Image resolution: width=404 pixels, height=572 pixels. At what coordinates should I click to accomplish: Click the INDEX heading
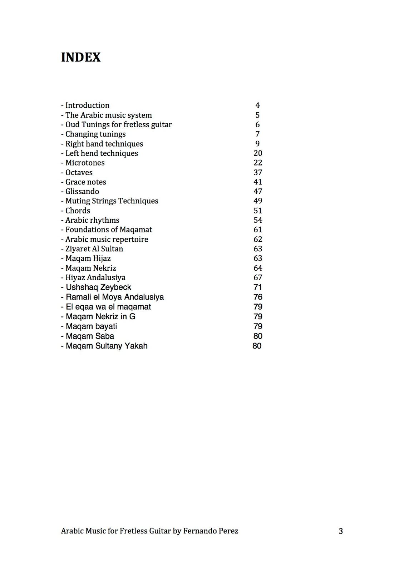(81, 57)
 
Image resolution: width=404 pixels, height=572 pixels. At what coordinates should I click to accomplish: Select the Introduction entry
(87, 105)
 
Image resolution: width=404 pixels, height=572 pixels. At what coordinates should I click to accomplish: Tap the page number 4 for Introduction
(257, 105)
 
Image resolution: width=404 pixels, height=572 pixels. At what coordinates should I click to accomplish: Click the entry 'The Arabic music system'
(108, 115)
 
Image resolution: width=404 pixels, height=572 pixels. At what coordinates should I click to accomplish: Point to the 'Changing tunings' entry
(95, 134)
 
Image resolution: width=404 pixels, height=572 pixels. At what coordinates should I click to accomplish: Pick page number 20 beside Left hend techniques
(258, 153)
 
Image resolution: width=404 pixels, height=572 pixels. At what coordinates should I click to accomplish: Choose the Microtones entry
(85, 163)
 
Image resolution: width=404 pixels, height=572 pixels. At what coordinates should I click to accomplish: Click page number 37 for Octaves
(258, 172)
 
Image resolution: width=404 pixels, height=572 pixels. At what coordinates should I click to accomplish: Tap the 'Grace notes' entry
(85, 182)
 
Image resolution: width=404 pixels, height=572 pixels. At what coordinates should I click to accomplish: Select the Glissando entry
(82, 192)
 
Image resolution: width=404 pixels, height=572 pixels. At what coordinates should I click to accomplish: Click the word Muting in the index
(76, 201)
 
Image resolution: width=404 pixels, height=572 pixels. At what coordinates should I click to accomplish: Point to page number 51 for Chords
(258, 211)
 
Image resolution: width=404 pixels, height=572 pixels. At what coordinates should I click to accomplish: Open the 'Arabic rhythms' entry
(92, 220)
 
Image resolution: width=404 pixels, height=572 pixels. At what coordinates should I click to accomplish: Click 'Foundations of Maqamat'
(108, 230)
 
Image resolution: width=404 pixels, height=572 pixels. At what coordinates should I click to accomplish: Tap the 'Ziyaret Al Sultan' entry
(94, 249)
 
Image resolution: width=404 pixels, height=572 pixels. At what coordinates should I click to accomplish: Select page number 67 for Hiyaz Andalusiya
(258, 277)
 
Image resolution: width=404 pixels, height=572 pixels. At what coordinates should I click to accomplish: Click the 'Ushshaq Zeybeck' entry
(98, 287)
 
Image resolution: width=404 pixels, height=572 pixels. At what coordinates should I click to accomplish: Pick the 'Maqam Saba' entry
(90, 336)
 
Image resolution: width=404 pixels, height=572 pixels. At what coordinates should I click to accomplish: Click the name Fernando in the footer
(199, 531)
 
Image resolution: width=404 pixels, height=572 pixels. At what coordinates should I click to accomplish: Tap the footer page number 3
(341, 531)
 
